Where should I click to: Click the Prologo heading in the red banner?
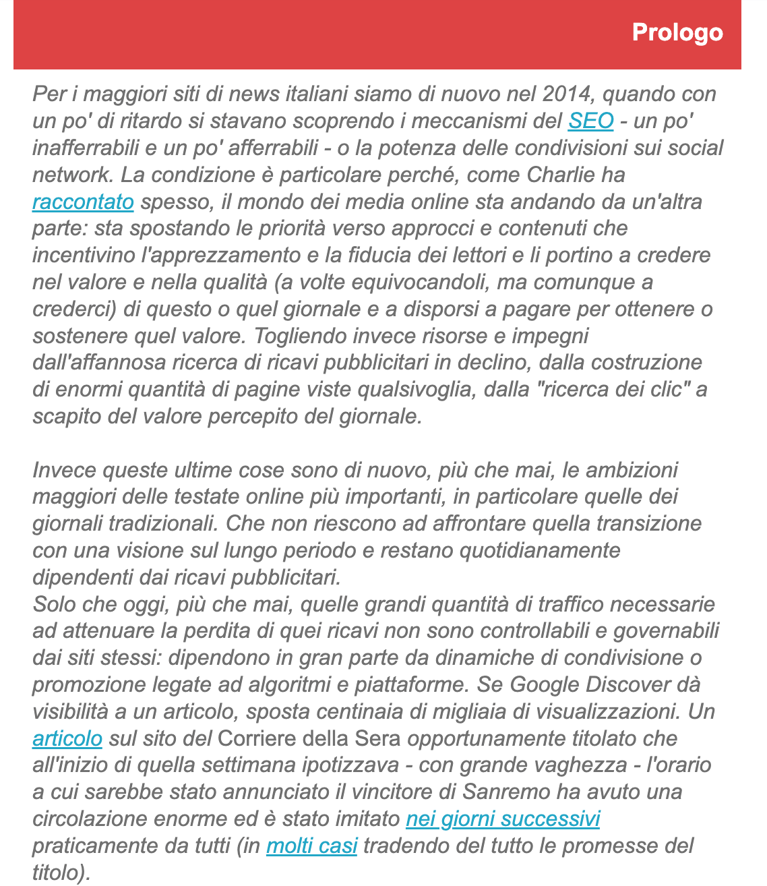pos(677,32)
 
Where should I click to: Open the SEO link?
pos(590,121)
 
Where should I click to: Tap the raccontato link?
pos(83,202)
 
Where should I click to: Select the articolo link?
pos(67,738)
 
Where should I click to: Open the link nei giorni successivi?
pos(502,819)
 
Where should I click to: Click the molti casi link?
pos(311,846)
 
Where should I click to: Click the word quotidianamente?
pos(539,550)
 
